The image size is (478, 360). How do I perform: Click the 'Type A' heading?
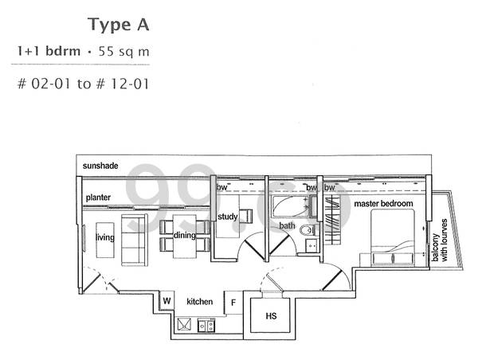119,25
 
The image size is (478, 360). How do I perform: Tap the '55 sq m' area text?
123,52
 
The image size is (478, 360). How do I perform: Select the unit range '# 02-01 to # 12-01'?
83,84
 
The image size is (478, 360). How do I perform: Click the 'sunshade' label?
100,166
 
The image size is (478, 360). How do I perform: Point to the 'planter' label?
98,198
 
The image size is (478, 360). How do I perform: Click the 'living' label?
105,237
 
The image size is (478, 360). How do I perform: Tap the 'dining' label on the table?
185,235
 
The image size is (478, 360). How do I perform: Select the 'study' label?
227,217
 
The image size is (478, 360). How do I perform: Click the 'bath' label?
287,225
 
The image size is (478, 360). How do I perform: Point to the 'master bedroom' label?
383,203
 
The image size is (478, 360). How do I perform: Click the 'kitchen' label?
200,302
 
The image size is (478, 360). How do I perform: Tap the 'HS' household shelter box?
270,315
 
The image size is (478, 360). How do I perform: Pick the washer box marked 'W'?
167,301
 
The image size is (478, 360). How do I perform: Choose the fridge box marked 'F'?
233,303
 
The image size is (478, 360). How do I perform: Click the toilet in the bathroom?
307,230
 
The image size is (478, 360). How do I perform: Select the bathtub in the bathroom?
291,206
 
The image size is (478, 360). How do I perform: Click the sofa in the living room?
135,241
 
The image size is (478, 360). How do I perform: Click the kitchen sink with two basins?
206,325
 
